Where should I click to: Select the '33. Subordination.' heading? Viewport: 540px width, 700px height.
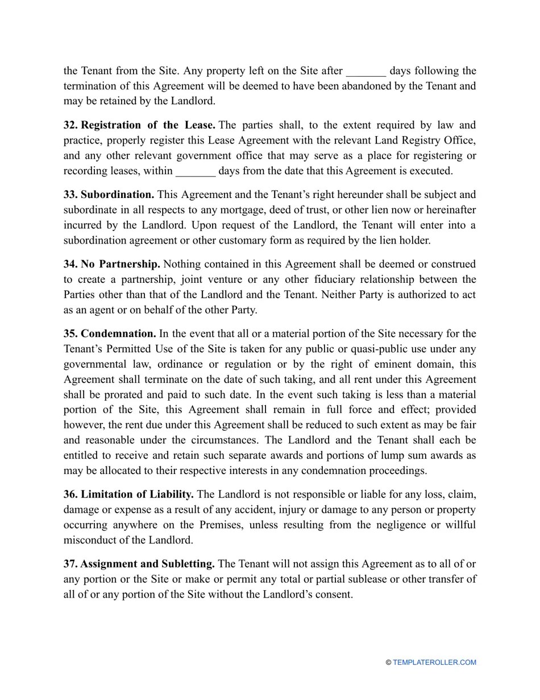pyautogui.click(x=109, y=195)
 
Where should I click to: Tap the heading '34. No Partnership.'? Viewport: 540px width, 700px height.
pyautogui.click(x=111, y=264)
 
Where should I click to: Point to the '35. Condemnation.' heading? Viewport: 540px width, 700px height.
pyautogui.click(x=110, y=333)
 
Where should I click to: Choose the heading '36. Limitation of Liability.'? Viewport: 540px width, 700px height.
pyautogui.click(x=128, y=495)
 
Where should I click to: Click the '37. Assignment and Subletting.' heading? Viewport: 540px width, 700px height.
pyautogui.click(x=139, y=564)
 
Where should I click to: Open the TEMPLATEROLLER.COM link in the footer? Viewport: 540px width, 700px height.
pyautogui.click(x=434, y=662)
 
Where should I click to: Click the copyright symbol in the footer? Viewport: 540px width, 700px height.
pyautogui.click(x=388, y=662)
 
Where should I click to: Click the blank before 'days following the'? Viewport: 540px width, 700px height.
pyautogui.click(x=365, y=72)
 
